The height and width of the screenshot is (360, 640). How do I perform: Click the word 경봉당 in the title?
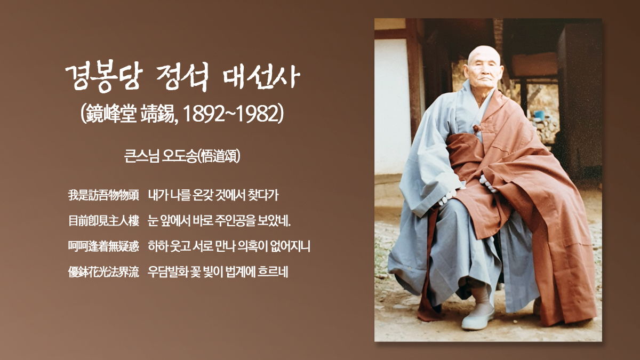tap(103, 76)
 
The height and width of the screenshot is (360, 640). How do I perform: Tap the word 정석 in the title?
tap(183, 77)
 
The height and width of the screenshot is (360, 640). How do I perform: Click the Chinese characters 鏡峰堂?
tap(111, 114)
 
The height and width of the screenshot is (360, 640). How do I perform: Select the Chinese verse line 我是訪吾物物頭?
tap(103, 195)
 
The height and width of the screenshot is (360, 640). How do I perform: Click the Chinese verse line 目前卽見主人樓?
tap(103, 221)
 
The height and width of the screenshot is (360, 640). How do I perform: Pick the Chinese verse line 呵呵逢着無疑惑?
tap(103, 246)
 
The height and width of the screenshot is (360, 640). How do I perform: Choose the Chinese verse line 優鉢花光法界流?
tap(103, 271)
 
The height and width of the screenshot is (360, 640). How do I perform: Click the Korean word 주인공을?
tap(234, 221)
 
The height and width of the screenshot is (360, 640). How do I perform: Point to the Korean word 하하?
tap(158, 246)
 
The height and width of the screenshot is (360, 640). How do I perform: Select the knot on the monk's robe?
tap(477, 129)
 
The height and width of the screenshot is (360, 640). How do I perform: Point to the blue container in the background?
tap(539, 115)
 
